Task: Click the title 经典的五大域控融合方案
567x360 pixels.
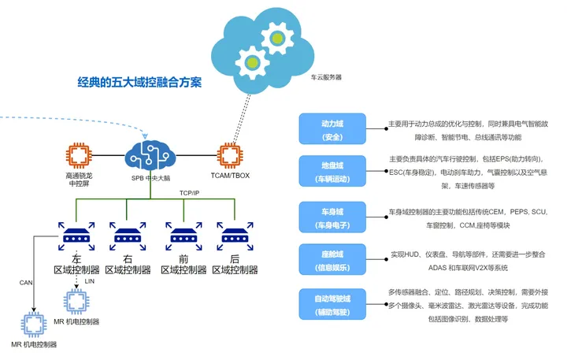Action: click(139, 82)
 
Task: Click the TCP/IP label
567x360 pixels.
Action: click(190, 193)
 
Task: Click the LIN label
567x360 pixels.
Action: click(89, 280)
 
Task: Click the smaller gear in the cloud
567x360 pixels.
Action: click(252, 62)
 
